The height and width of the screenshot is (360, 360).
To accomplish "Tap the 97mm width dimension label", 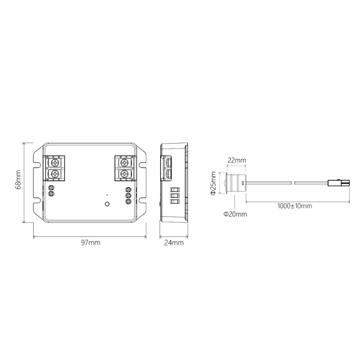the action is click(x=90, y=243).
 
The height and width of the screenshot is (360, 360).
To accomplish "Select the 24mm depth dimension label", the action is click(x=174, y=243).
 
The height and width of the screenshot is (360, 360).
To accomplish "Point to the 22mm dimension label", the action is click(x=237, y=160).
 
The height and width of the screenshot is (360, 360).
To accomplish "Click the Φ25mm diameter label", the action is click(x=213, y=183).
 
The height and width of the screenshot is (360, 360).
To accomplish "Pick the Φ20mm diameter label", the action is click(x=235, y=214).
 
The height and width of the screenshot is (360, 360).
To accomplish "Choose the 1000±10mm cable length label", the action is click(x=295, y=206).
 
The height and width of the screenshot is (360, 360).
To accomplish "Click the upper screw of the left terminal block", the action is click(x=55, y=163).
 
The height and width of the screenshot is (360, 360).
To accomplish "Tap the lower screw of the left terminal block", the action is click(x=55, y=174).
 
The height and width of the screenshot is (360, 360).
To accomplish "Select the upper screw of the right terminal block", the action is click(x=124, y=163).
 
